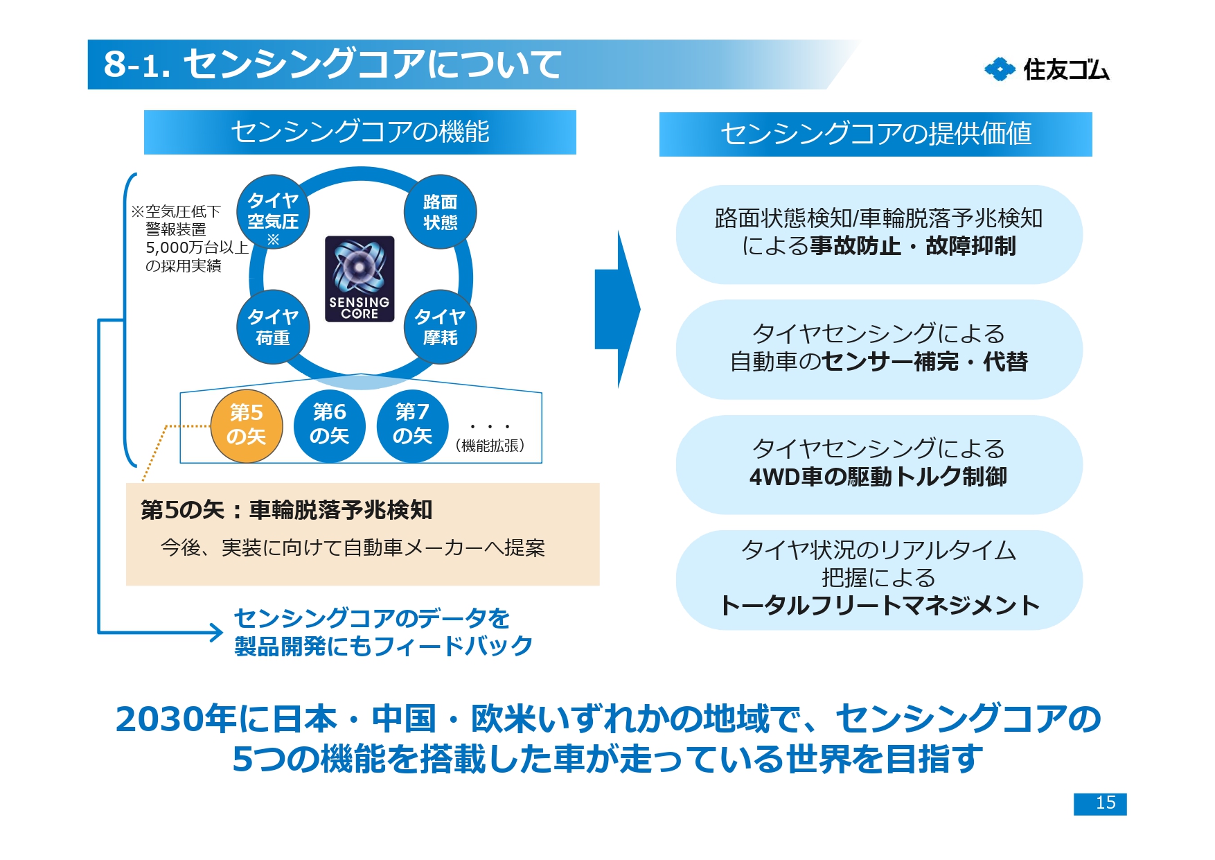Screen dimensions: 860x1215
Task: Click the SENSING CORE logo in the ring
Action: [360, 279]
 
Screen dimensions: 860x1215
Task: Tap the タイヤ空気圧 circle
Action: [273, 212]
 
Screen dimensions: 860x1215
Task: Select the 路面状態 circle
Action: [440, 212]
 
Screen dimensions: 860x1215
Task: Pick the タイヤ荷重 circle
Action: [273, 327]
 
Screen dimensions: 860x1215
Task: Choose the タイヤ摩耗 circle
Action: [440, 327]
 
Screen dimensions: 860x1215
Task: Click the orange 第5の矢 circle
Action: [247, 425]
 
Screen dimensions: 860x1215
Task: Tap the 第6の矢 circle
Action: [329, 425]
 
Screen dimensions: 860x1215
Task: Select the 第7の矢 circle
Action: [412, 425]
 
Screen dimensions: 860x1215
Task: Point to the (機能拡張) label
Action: [490, 446]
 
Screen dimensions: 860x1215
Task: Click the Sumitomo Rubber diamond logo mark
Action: [1000, 69]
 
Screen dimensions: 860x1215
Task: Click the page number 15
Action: [1100, 803]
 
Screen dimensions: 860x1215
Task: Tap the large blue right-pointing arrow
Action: [617, 309]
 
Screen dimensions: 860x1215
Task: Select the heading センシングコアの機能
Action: [360, 132]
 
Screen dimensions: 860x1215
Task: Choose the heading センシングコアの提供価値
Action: [876, 134]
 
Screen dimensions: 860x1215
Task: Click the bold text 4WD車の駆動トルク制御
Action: [878, 477]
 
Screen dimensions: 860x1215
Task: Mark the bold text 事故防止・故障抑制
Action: [913, 246]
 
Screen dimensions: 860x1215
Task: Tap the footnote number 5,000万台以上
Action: [197, 247]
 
